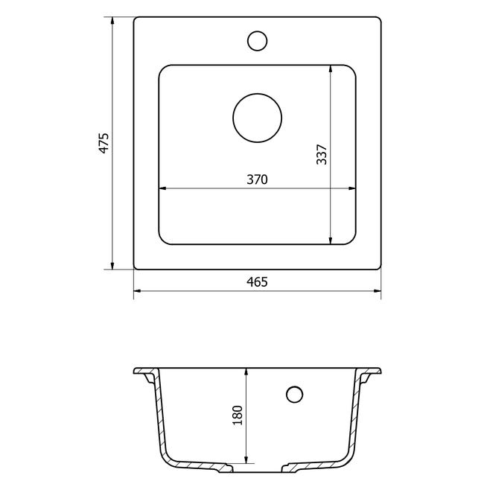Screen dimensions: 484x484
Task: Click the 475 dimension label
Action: (x=104, y=143)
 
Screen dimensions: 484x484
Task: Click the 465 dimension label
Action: (x=257, y=281)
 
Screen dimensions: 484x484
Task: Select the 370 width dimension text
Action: (x=257, y=179)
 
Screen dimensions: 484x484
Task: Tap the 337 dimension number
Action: (x=322, y=154)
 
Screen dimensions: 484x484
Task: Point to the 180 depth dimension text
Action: (x=238, y=415)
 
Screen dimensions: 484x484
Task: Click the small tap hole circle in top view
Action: (x=257, y=41)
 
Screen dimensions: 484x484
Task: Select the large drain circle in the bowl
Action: (x=257, y=118)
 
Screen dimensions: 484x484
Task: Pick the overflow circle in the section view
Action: (x=294, y=395)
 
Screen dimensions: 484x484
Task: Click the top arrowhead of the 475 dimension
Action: (x=112, y=21)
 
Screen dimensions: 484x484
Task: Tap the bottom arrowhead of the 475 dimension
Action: (x=112, y=266)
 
